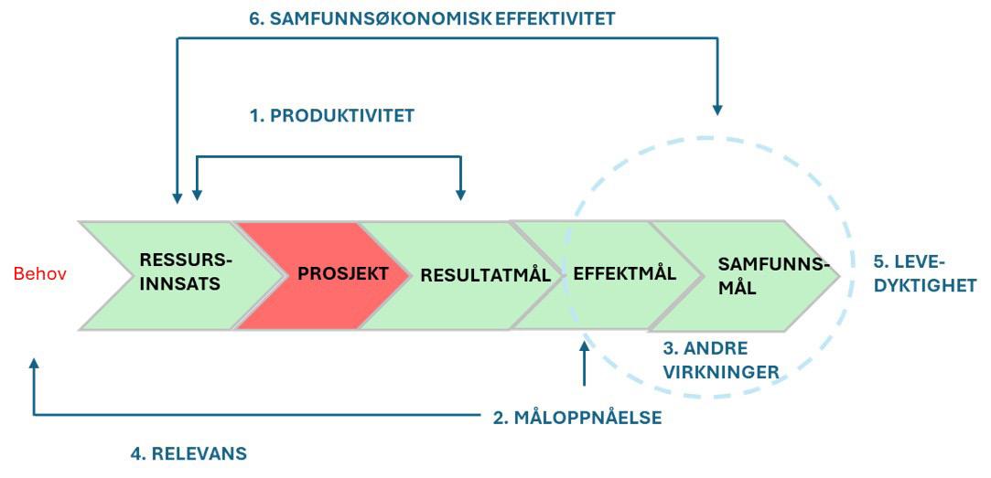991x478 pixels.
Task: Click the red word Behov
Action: (40, 274)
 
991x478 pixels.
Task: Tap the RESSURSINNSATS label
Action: (181, 271)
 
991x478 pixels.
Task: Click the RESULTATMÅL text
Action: (485, 274)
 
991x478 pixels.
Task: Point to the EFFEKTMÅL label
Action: (624, 273)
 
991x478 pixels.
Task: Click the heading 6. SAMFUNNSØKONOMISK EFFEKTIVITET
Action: (432, 18)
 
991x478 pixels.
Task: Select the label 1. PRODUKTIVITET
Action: (332, 116)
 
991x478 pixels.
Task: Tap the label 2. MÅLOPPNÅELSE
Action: (576, 419)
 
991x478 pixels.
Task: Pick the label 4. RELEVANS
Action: (189, 453)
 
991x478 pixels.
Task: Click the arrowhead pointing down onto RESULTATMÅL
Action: (460, 194)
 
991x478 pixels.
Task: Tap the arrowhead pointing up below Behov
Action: (34, 363)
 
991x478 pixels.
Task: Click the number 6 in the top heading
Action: (255, 18)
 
